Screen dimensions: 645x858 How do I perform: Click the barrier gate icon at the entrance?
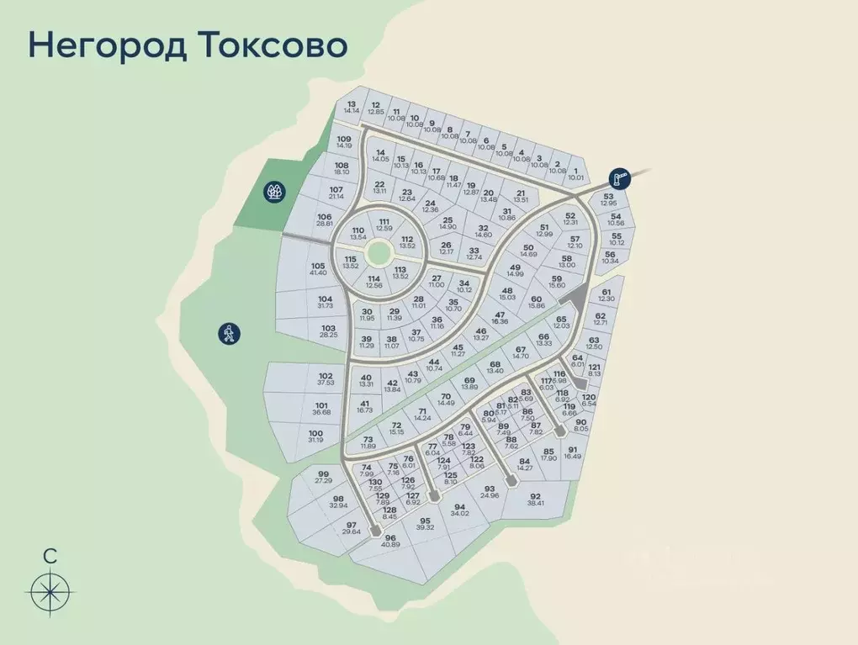pyautogui.click(x=620, y=177)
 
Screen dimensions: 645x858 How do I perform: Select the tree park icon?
pyautogui.click(x=273, y=192)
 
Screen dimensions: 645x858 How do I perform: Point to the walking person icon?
pyautogui.click(x=228, y=333)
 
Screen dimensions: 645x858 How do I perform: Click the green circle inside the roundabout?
pyautogui.click(x=379, y=251)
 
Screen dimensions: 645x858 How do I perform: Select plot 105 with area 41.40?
pyautogui.click(x=317, y=269)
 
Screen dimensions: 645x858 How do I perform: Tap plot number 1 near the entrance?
pyautogui.click(x=575, y=173)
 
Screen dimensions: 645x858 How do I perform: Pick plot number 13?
pyautogui.click(x=352, y=107)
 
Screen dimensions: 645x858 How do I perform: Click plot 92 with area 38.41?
pyautogui.click(x=535, y=500)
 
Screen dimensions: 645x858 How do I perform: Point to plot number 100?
pyautogui.click(x=315, y=436)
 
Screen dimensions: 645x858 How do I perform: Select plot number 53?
pyautogui.click(x=610, y=199)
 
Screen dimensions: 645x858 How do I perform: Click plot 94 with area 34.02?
pyautogui.click(x=458, y=511)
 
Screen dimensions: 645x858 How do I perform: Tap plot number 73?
pyautogui.click(x=368, y=442)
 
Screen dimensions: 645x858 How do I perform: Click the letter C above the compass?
pyautogui.click(x=50, y=555)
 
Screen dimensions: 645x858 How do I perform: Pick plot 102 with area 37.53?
pyautogui.click(x=326, y=380)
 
